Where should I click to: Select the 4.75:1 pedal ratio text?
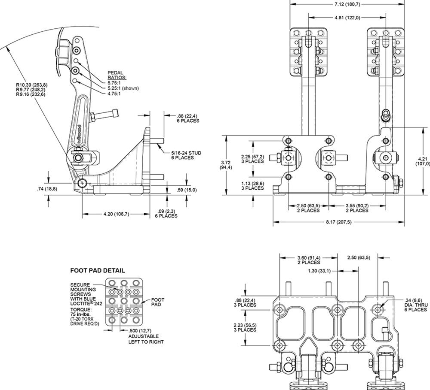114,94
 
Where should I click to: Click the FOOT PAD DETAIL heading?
97,271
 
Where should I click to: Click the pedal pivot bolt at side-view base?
82,183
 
